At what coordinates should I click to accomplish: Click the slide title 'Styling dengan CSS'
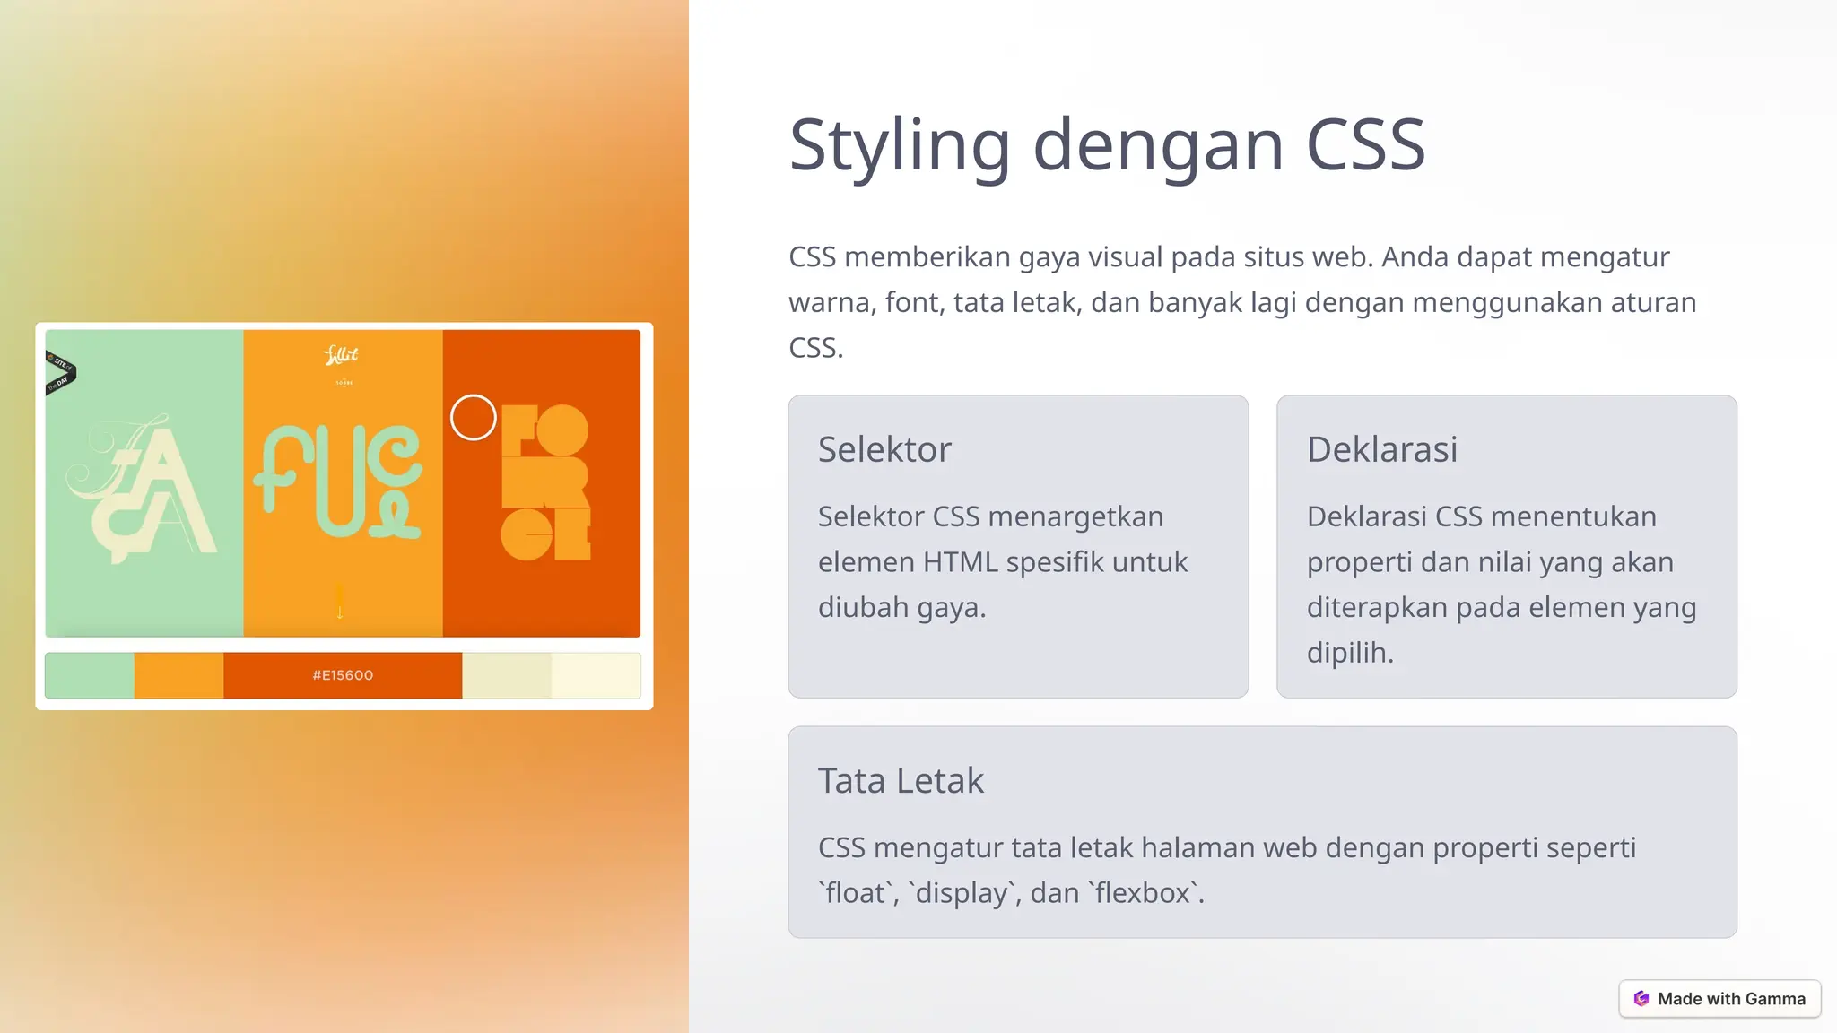point(1107,145)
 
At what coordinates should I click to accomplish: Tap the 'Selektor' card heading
point(884,449)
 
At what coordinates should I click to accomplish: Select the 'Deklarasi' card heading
point(1381,449)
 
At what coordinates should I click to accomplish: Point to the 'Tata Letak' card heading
point(901,781)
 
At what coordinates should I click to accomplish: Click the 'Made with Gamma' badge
point(1719,999)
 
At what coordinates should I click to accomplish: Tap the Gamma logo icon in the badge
point(1641,999)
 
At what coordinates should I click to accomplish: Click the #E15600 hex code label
point(343,675)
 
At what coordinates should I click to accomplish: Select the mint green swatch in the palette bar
point(90,675)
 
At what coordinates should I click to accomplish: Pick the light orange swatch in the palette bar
point(178,675)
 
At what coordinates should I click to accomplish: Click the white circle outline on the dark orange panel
point(473,418)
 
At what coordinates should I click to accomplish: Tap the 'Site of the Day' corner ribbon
point(60,373)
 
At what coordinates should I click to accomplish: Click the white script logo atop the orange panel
point(341,355)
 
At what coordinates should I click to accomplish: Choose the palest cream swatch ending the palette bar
point(596,675)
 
